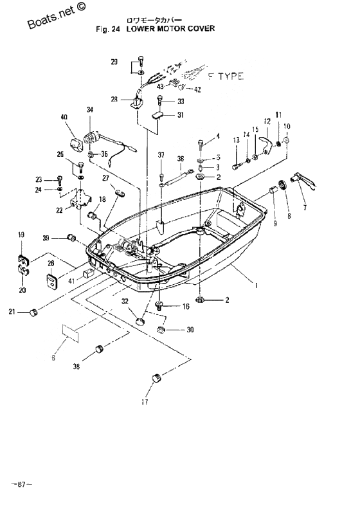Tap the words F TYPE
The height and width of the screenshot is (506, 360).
coord(226,77)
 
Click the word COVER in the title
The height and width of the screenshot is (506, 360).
coord(202,28)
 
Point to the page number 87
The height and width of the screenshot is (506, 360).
coord(22,484)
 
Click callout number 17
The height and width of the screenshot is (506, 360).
coord(145,402)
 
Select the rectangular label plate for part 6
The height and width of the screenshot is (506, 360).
coord(70,333)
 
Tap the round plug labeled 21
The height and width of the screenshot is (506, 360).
coord(33,312)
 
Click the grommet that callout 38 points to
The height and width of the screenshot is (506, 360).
coord(100,349)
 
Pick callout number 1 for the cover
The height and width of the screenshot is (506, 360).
coord(256,285)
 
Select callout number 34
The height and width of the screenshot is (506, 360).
coord(90,110)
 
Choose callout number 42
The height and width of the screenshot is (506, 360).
coord(197,90)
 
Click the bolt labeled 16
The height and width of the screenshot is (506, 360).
coord(159,305)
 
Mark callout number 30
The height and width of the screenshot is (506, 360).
coord(190,330)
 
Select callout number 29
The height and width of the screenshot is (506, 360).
coord(114,62)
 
